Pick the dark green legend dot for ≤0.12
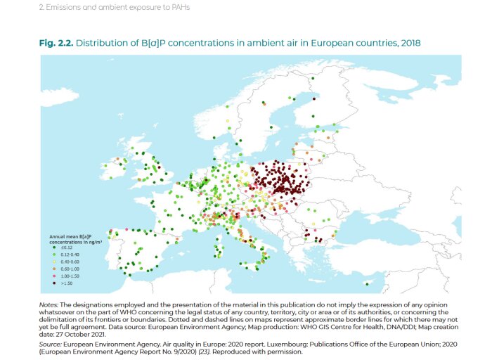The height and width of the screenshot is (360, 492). click(x=55, y=247)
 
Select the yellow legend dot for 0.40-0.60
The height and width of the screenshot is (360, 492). click(x=55, y=261)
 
